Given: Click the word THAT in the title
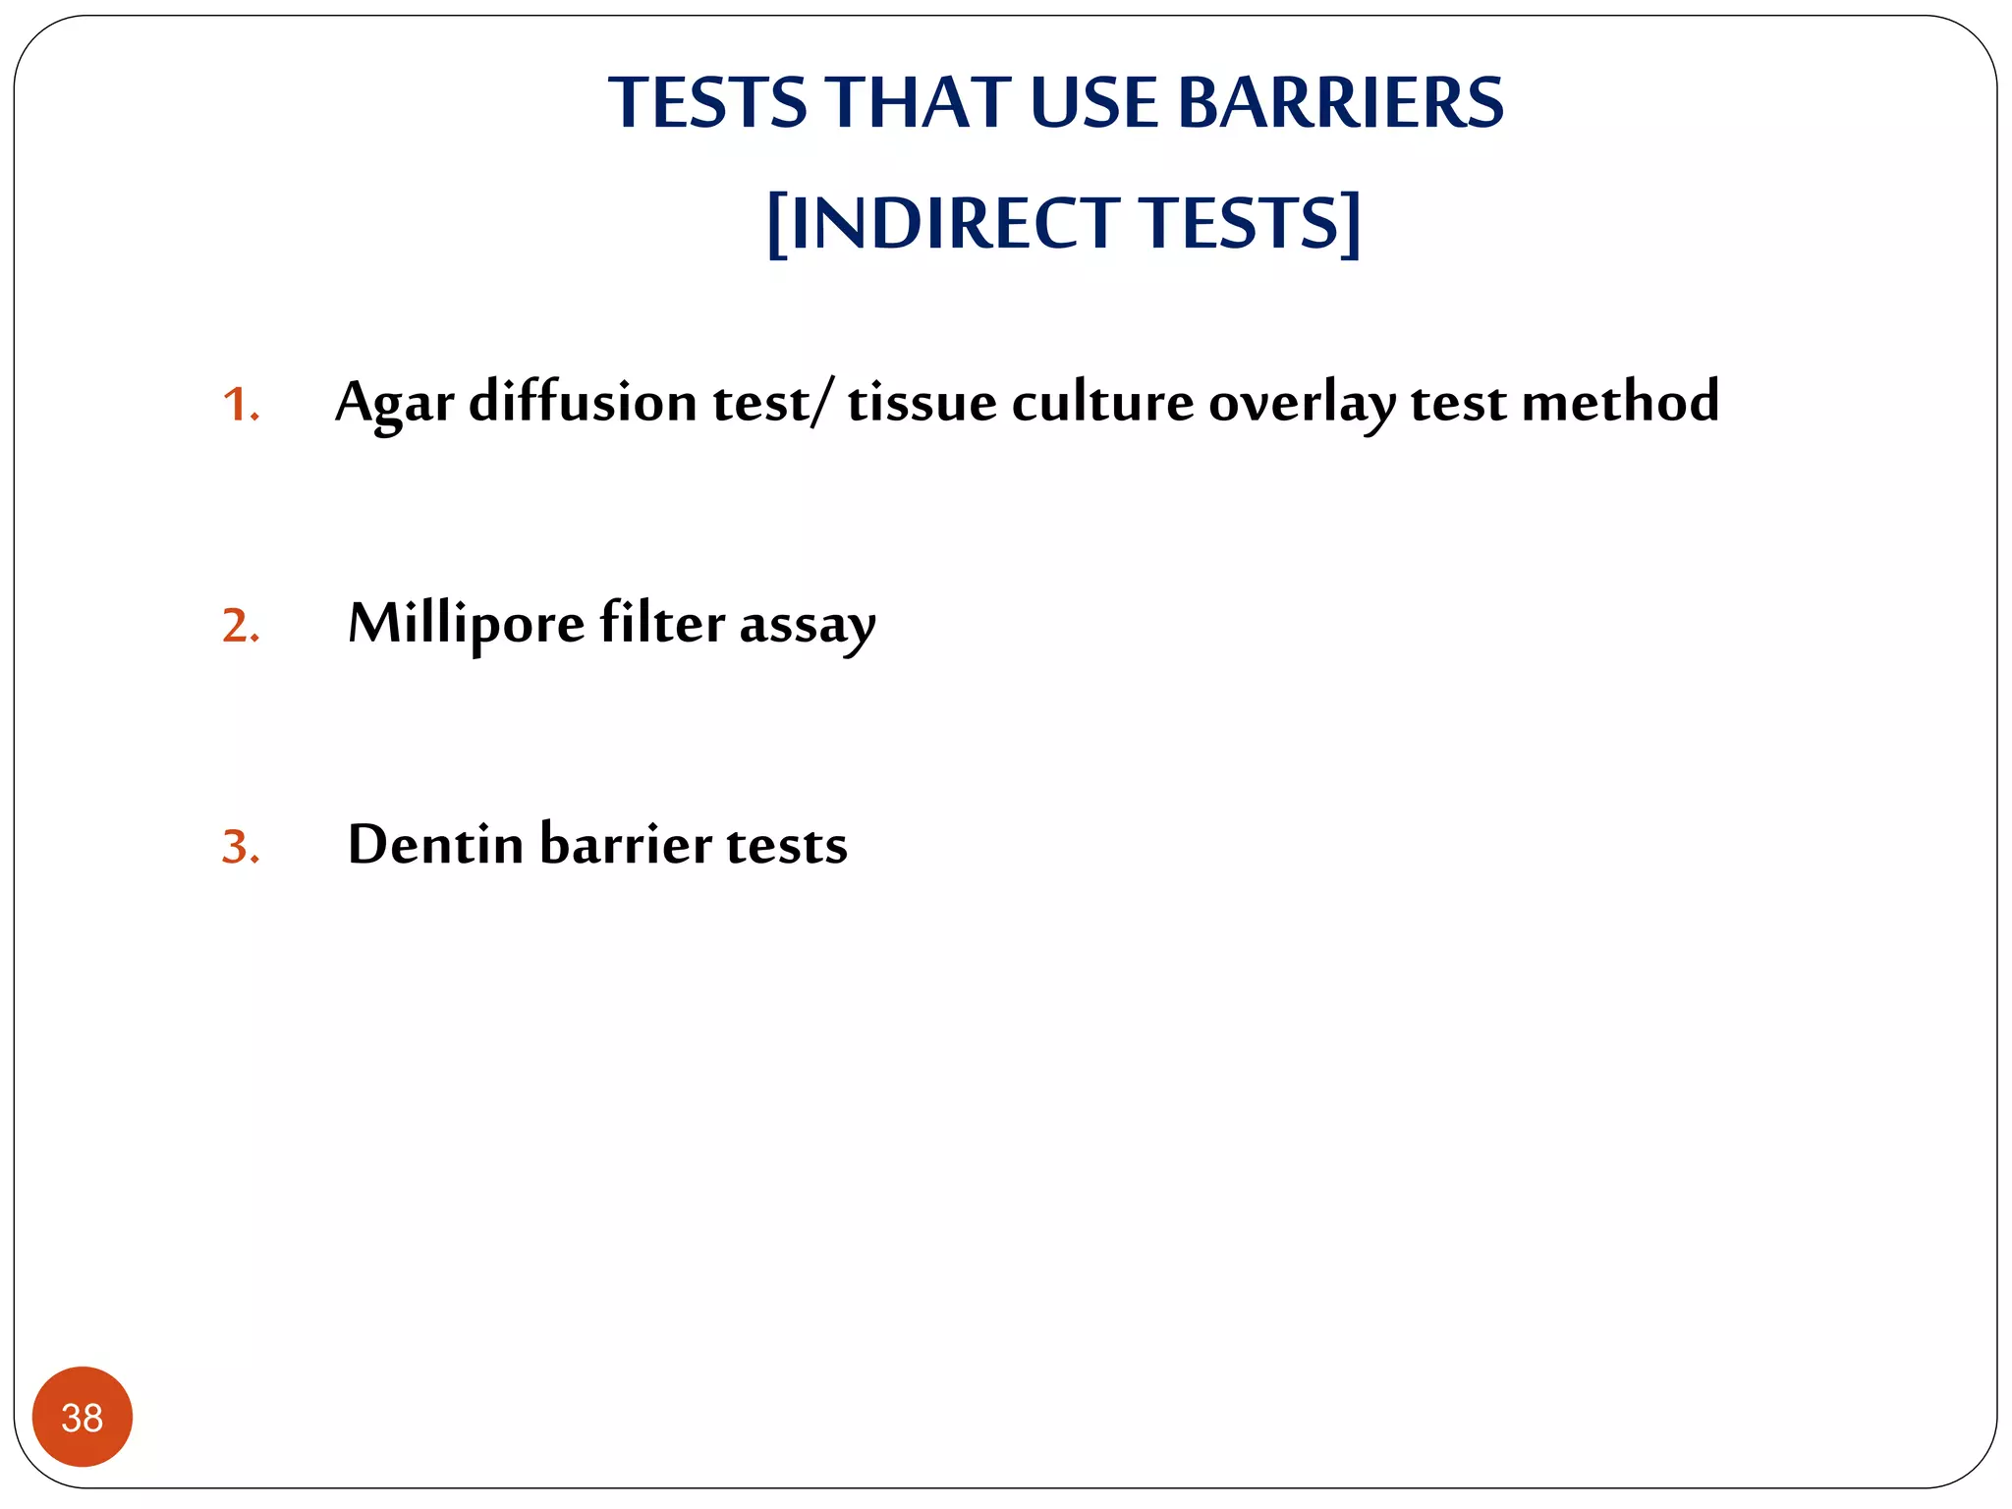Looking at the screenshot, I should click(x=918, y=103).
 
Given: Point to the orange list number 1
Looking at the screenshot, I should click(x=238, y=405).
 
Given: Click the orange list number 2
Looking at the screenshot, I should click(x=239, y=626).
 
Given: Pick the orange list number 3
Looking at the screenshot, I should click(x=239, y=847).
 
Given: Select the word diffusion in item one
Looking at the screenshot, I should click(x=583, y=402).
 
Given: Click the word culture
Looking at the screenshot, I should click(x=1102, y=403).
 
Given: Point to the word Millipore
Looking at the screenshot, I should click(x=467, y=624).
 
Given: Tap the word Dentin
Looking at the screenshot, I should click(x=435, y=844).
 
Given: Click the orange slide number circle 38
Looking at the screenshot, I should click(x=83, y=1417).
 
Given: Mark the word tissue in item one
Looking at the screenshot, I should click(x=922, y=403).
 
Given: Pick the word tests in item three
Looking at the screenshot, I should click(x=787, y=845).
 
